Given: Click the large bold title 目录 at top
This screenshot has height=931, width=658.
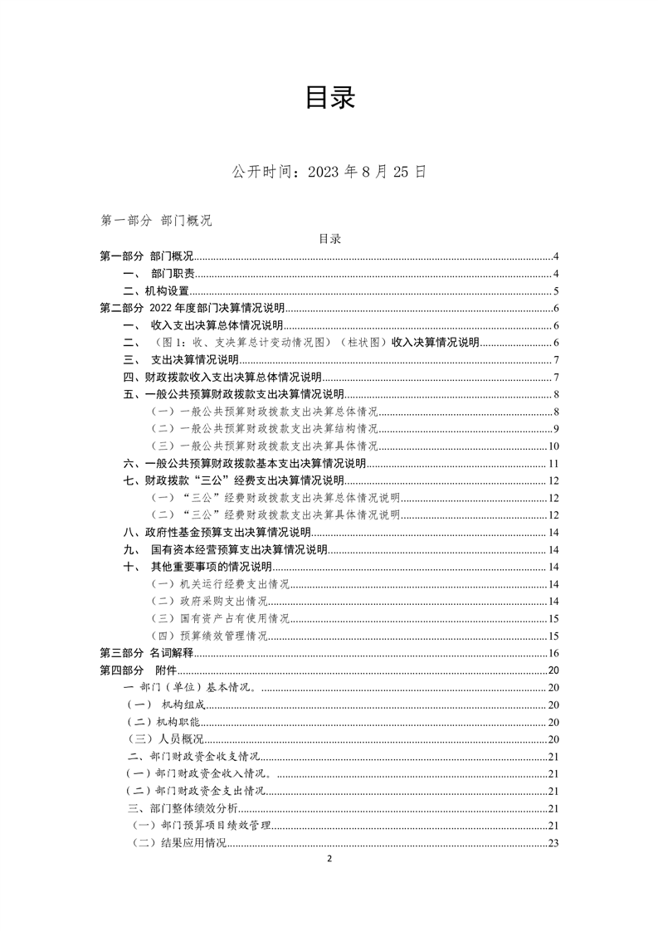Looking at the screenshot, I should click(x=329, y=98).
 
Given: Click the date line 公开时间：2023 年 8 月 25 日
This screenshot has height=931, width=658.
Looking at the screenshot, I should click(x=329, y=172).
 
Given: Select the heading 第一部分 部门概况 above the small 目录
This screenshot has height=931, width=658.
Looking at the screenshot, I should click(x=156, y=221).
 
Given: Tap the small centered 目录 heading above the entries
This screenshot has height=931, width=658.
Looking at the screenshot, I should click(x=329, y=239).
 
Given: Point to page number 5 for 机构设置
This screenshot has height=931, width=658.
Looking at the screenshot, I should click(x=556, y=291).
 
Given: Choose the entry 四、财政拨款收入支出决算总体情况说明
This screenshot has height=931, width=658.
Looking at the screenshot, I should click(x=222, y=378).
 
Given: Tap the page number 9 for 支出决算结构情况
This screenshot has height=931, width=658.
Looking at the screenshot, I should click(x=556, y=429).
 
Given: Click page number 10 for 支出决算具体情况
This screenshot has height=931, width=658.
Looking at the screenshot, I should click(x=553, y=446).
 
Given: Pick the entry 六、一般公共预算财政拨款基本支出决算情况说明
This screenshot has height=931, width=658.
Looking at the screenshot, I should click(x=245, y=463).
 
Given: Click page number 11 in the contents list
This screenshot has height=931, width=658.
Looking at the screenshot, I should click(x=553, y=463).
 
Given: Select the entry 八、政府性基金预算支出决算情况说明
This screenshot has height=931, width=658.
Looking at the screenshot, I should click(x=217, y=533).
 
